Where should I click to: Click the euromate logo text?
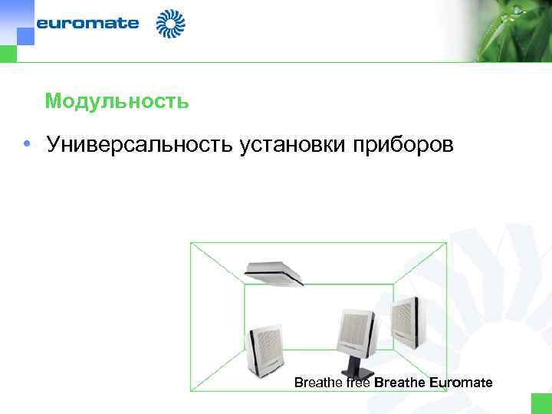point(87,23)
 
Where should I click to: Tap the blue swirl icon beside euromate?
point(170,24)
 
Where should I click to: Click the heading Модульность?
point(117,101)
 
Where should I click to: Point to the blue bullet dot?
point(27,144)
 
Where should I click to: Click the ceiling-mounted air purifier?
point(274,271)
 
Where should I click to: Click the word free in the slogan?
point(358,382)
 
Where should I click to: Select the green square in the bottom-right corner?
point(541,403)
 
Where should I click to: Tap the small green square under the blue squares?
point(8,53)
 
